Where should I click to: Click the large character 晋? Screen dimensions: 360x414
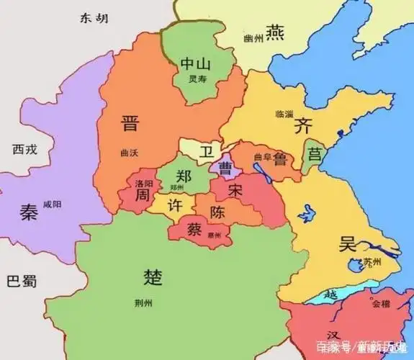[x=130, y=123]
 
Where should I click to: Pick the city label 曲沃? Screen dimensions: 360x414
[x=130, y=153]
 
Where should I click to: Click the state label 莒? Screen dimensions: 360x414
[x=315, y=153]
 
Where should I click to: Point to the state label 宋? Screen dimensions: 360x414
[x=235, y=191]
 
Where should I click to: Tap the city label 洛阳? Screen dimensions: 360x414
[x=144, y=183]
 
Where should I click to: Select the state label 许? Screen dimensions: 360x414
[x=175, y=205]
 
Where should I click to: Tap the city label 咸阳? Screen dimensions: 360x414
[x=53, y=204]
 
